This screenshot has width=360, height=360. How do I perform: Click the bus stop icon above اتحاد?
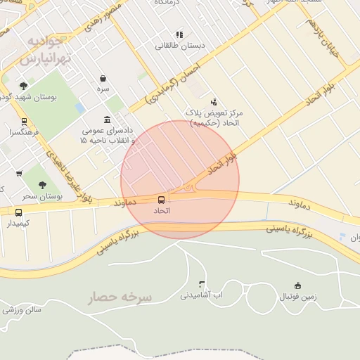coord(162,200)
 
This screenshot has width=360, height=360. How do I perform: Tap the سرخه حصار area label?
coord(120,298)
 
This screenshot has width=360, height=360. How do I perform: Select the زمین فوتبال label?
coord(298,297)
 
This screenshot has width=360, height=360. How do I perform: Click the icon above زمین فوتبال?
coord(297,285)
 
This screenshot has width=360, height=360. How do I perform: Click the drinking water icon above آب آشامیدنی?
coord(202,285)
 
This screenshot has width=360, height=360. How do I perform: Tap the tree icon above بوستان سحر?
coord(42,185)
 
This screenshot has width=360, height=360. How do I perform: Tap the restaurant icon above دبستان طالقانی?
coord(179,34)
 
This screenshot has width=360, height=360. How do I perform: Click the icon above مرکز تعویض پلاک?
coord(214,101)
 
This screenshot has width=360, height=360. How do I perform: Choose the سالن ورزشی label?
coord(22,309)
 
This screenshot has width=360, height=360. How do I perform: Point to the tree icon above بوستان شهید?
coord(23,86)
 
